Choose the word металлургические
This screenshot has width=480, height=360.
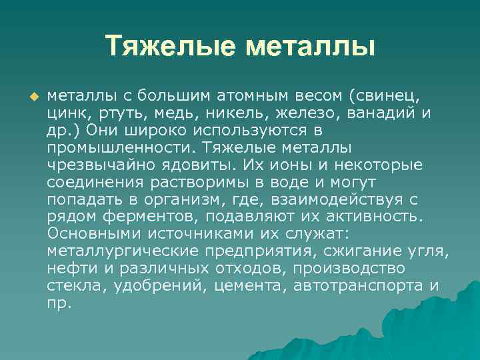123,250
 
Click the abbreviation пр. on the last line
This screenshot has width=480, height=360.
59,302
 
